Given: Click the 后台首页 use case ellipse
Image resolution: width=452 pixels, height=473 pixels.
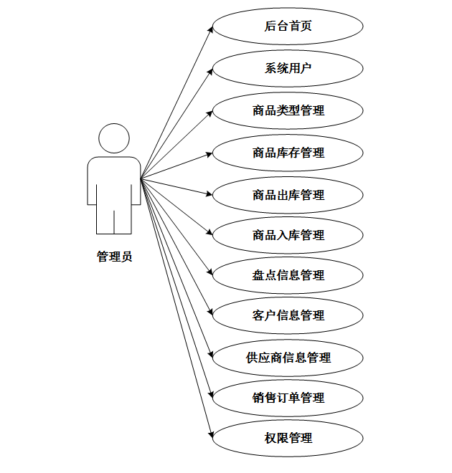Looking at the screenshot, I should [x=288, y=27].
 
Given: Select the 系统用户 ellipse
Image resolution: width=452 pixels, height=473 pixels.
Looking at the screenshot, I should [x=288, y=69].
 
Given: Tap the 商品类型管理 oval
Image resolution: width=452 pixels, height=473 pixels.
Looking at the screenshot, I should [x=288, y=110].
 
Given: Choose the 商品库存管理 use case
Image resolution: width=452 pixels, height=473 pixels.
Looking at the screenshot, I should [x=288, y=153].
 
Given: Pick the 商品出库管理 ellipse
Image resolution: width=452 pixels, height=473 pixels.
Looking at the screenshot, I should [x=288, y=195].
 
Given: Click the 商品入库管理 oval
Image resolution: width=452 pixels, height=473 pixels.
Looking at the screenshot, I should [x=288, y=235].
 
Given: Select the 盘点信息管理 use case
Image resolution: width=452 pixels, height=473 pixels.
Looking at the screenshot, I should [x=288, y=275].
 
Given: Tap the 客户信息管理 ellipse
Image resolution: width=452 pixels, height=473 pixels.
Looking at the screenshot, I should [x=288, y=315].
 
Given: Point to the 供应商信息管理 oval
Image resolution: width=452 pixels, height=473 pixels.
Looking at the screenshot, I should [x=288, y=357].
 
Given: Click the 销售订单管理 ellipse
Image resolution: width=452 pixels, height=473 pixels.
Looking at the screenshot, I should [x=288, y=398].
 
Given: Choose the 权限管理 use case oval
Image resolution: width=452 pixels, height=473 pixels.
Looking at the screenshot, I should [x=288, y=438].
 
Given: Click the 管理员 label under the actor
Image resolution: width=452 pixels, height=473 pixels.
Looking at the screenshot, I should [x=114, y=257].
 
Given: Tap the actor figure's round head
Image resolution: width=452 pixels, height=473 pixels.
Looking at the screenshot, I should [x=114, y=138].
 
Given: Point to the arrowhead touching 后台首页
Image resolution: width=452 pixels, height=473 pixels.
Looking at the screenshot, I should [x=211, y=29].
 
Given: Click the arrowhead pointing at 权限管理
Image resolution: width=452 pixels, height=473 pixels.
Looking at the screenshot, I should [x=211, y=434].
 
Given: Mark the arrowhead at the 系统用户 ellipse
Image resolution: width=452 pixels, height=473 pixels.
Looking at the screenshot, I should [x=211, y=71].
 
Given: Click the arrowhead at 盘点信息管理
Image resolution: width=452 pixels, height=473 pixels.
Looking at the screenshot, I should [x=211, y=273].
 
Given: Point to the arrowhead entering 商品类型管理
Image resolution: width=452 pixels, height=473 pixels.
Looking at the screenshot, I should [x=210, y=112].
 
